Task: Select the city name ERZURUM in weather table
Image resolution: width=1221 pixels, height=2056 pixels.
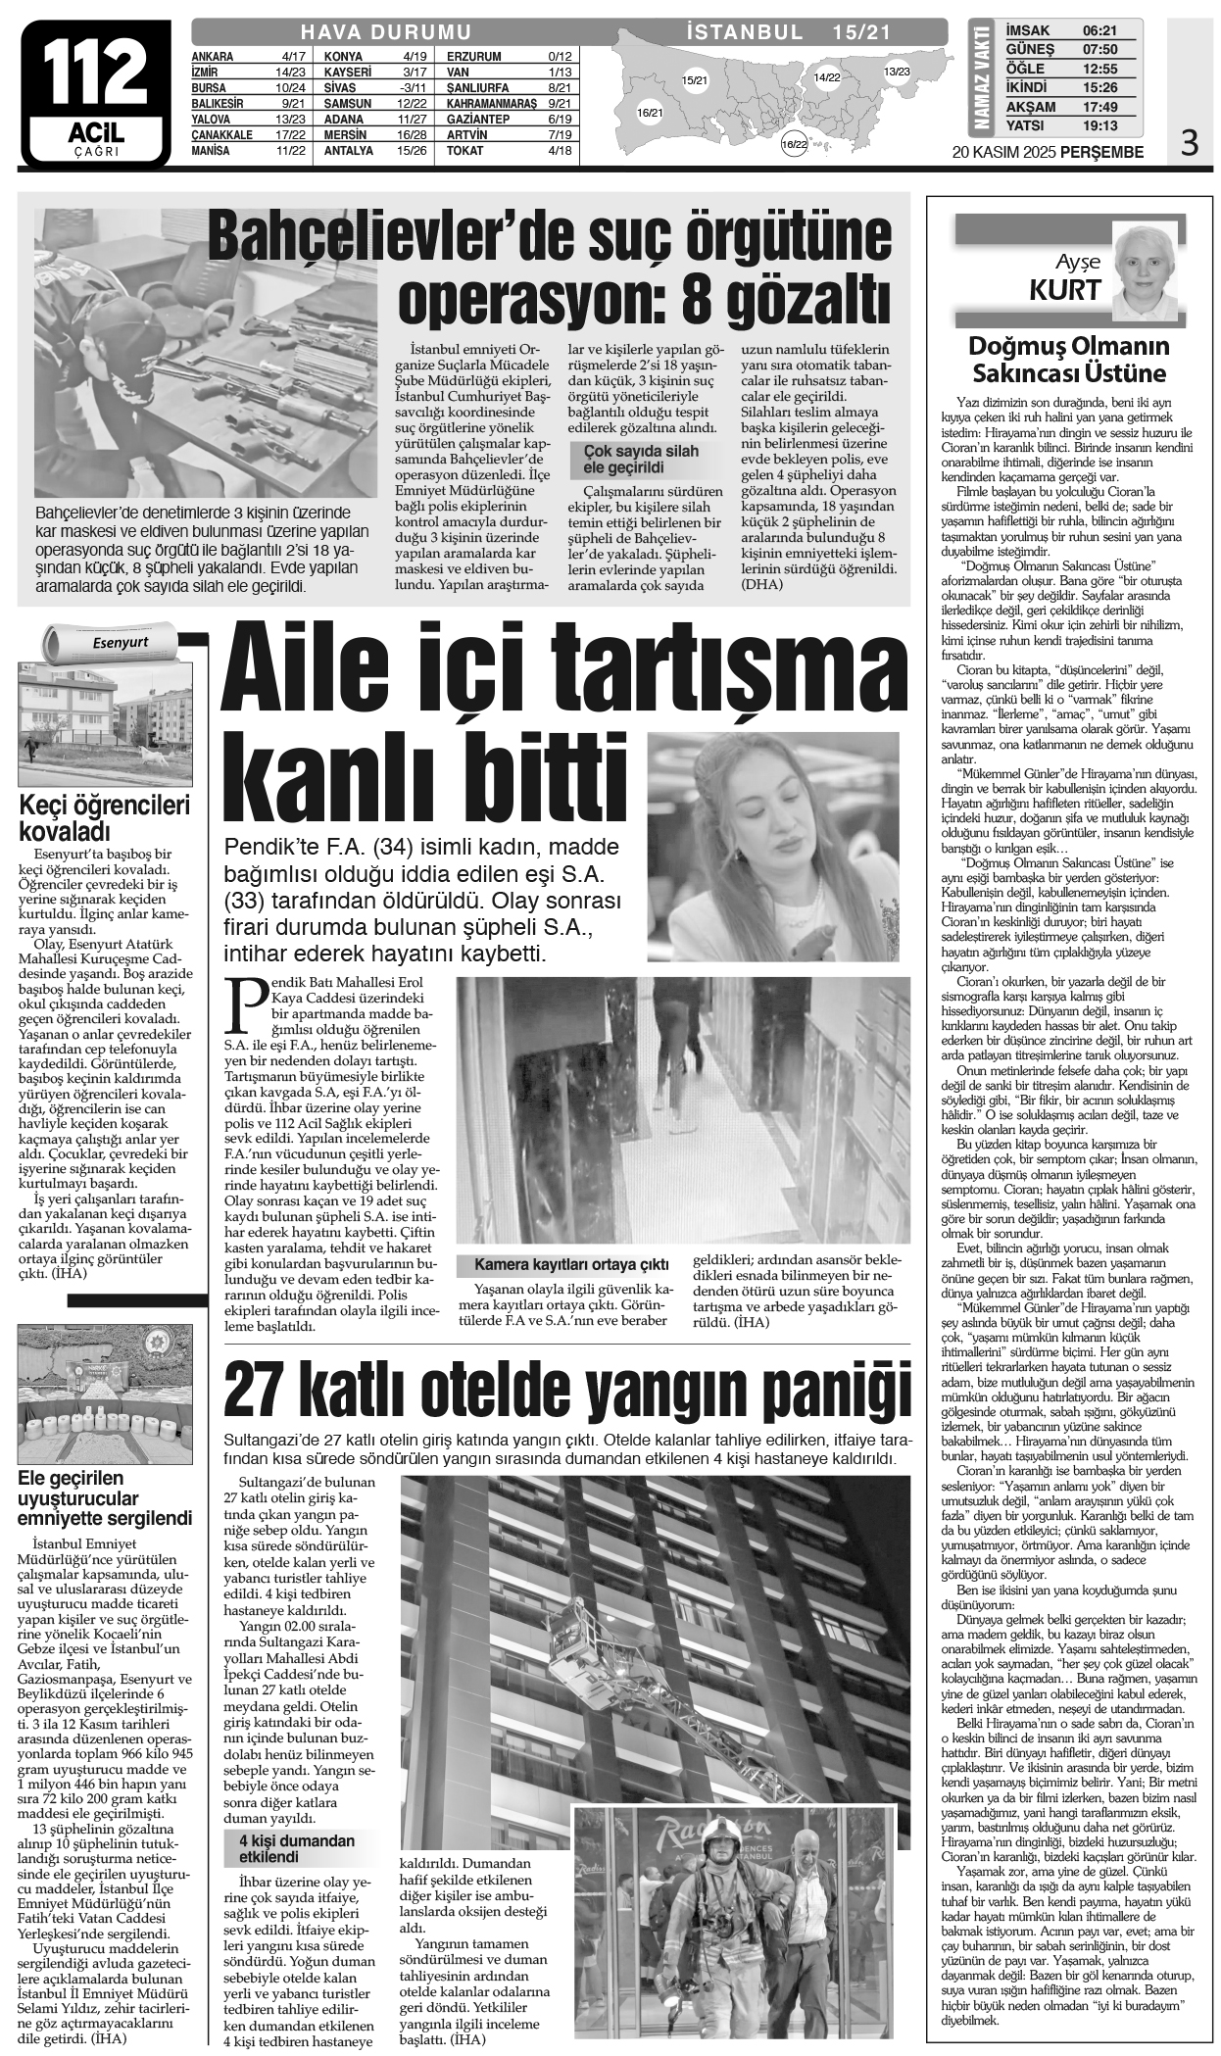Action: pos(474,56)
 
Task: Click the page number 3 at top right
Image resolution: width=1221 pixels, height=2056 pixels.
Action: pos(1190,145)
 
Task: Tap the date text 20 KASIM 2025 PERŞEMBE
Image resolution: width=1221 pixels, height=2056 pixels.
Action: pos(1048,152)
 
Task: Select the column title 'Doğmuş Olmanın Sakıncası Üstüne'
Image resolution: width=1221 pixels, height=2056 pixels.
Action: pos(1068,360)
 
